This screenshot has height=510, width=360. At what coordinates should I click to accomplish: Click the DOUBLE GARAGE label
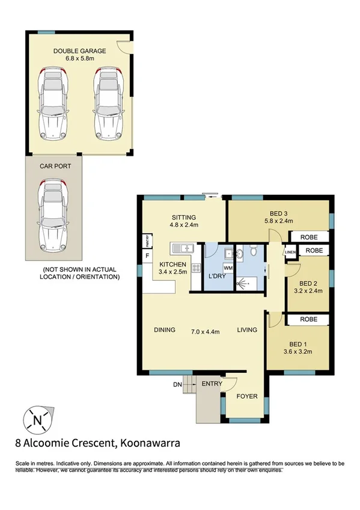click(x=79, y=52)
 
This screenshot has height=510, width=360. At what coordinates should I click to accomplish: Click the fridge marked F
click(x=145, y=256)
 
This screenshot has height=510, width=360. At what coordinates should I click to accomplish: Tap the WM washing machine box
click(x=228, y=268)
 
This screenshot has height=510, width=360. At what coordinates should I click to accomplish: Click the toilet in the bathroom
click(x=254, y=249)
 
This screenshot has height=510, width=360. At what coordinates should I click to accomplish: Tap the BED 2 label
click(x=308, y=283)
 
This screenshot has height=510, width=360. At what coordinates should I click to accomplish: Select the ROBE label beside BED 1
click(x=309, y=319)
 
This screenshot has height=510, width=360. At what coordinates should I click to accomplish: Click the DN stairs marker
click(x=177, y=384)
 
